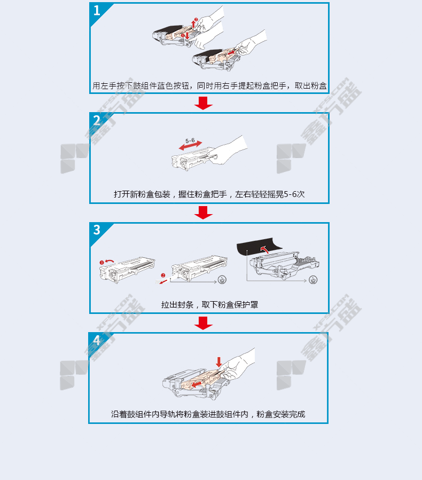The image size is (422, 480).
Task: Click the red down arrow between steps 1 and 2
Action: pos(204,103)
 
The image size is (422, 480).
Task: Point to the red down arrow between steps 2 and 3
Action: pos(204,213)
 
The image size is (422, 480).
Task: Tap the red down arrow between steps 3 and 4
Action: pos(204,323)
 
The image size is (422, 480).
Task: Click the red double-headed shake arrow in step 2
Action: pos(191,146)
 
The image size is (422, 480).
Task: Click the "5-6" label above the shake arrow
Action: pos(190,140)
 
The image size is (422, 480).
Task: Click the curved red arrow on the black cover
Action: pos(264,249)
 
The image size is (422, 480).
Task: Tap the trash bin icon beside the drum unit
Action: pos(313,280)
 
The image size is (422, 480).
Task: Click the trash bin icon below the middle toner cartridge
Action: pos(222,280)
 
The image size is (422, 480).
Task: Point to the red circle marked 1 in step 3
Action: pos(101,262)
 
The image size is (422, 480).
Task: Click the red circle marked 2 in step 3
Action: pos(163,276)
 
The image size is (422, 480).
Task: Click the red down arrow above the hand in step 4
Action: pos(218,362)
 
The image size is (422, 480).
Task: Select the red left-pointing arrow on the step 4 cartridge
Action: pos(196,384)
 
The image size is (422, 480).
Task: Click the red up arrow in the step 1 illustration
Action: pos(193,24)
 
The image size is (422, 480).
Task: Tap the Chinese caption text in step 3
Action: pos(209,305)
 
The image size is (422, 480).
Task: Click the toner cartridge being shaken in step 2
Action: pos(194,159)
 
